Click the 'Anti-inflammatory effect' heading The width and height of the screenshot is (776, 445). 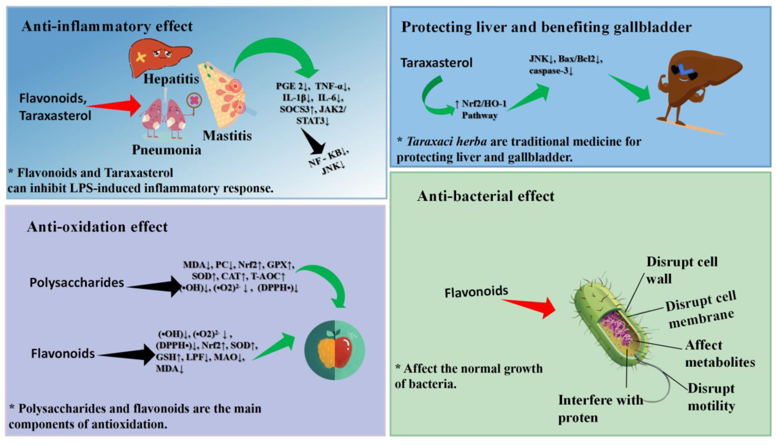click(x=107, y=27)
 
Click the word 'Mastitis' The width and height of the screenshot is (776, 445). click(x=227, y=136)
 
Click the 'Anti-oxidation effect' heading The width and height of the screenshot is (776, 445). click(x=97, y=227)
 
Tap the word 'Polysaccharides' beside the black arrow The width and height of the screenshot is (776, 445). click(x=77, y=283)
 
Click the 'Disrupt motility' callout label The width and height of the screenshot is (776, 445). click(x=711, y=397)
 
